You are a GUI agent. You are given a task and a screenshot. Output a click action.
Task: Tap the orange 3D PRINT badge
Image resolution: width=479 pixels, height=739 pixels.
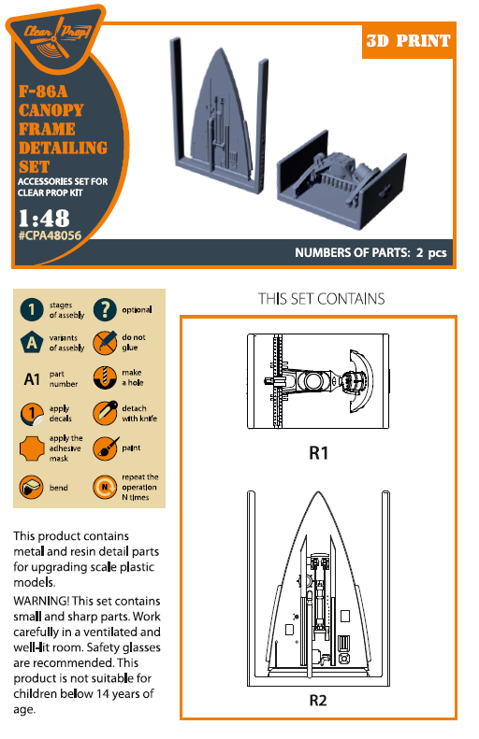pos(406,40)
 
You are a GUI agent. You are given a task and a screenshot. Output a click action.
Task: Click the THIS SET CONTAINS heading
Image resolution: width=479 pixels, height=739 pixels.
pos(321,298)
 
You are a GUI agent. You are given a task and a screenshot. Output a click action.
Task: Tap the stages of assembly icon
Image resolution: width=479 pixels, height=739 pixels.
pos(32,309)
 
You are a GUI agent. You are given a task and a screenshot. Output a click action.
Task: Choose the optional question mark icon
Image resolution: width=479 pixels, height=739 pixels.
pos(105,309)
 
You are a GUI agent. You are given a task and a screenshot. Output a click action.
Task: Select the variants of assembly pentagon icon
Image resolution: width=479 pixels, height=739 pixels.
pos(32,342)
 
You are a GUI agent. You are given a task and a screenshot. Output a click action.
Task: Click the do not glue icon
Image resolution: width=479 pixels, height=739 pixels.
pos(105,342)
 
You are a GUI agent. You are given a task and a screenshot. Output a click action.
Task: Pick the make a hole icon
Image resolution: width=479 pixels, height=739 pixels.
pos(105,377)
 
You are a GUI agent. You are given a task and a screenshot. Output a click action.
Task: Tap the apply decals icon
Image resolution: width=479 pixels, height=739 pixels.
pos(32,414)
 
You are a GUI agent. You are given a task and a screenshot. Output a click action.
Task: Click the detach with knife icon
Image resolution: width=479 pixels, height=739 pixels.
pos(105,414)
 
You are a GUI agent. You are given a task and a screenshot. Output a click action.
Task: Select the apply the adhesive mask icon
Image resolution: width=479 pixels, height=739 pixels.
pos(32,449)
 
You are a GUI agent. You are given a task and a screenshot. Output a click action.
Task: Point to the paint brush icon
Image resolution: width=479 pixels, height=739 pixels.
pos(105,449)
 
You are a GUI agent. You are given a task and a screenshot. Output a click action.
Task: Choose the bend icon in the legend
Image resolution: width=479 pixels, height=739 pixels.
pos(32,487)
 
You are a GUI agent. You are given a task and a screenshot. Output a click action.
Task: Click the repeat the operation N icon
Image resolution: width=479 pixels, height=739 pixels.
pos(105,487)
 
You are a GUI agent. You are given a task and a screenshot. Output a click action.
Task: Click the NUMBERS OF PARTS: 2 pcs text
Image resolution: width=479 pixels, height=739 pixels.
pos(370,253)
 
